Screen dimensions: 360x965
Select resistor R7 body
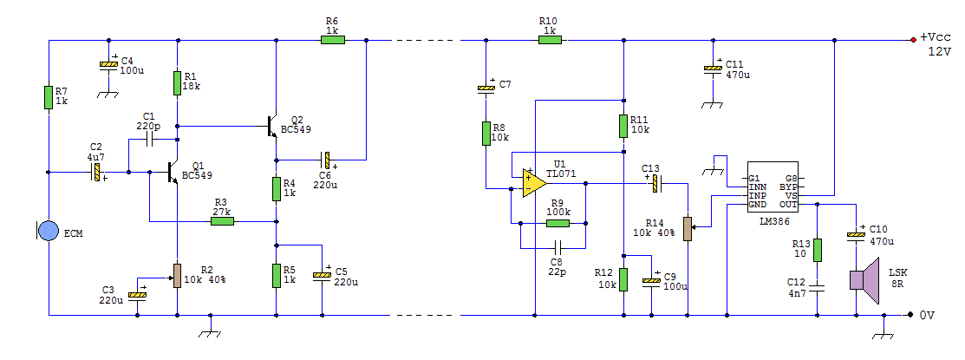(49, 97)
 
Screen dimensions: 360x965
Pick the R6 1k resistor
(333, 39)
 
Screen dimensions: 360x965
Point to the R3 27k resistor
(222, 221)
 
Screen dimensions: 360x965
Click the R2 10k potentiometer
(177, 275)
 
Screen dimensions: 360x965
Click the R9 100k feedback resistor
(557, 222)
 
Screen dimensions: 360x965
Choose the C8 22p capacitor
(557, 248)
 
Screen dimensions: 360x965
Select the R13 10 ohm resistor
(818, 250)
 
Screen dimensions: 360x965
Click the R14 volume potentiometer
(688, 229)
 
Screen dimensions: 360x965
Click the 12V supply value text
(940, 51)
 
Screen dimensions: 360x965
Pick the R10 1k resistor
(549, 39)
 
